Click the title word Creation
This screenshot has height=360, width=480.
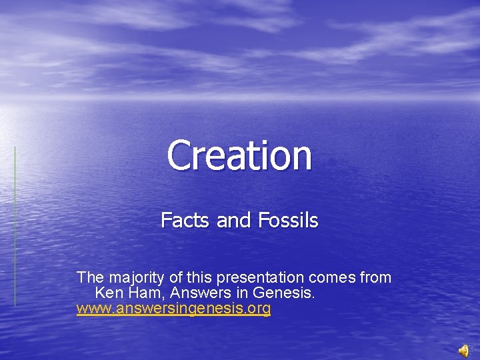(x=239, y=155)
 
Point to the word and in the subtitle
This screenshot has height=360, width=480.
(x=234, y=220)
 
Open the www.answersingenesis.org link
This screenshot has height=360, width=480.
(x=173, y=309)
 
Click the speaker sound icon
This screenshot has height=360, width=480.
(x=464, y=351)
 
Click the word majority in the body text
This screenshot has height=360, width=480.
(x=131, y=277)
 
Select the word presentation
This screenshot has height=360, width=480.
(x=267, y=277)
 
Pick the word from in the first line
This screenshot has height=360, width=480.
(x=376, y=277)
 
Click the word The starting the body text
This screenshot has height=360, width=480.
(x=89, y=277)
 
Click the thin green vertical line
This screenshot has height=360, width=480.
(x=15, y=227)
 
